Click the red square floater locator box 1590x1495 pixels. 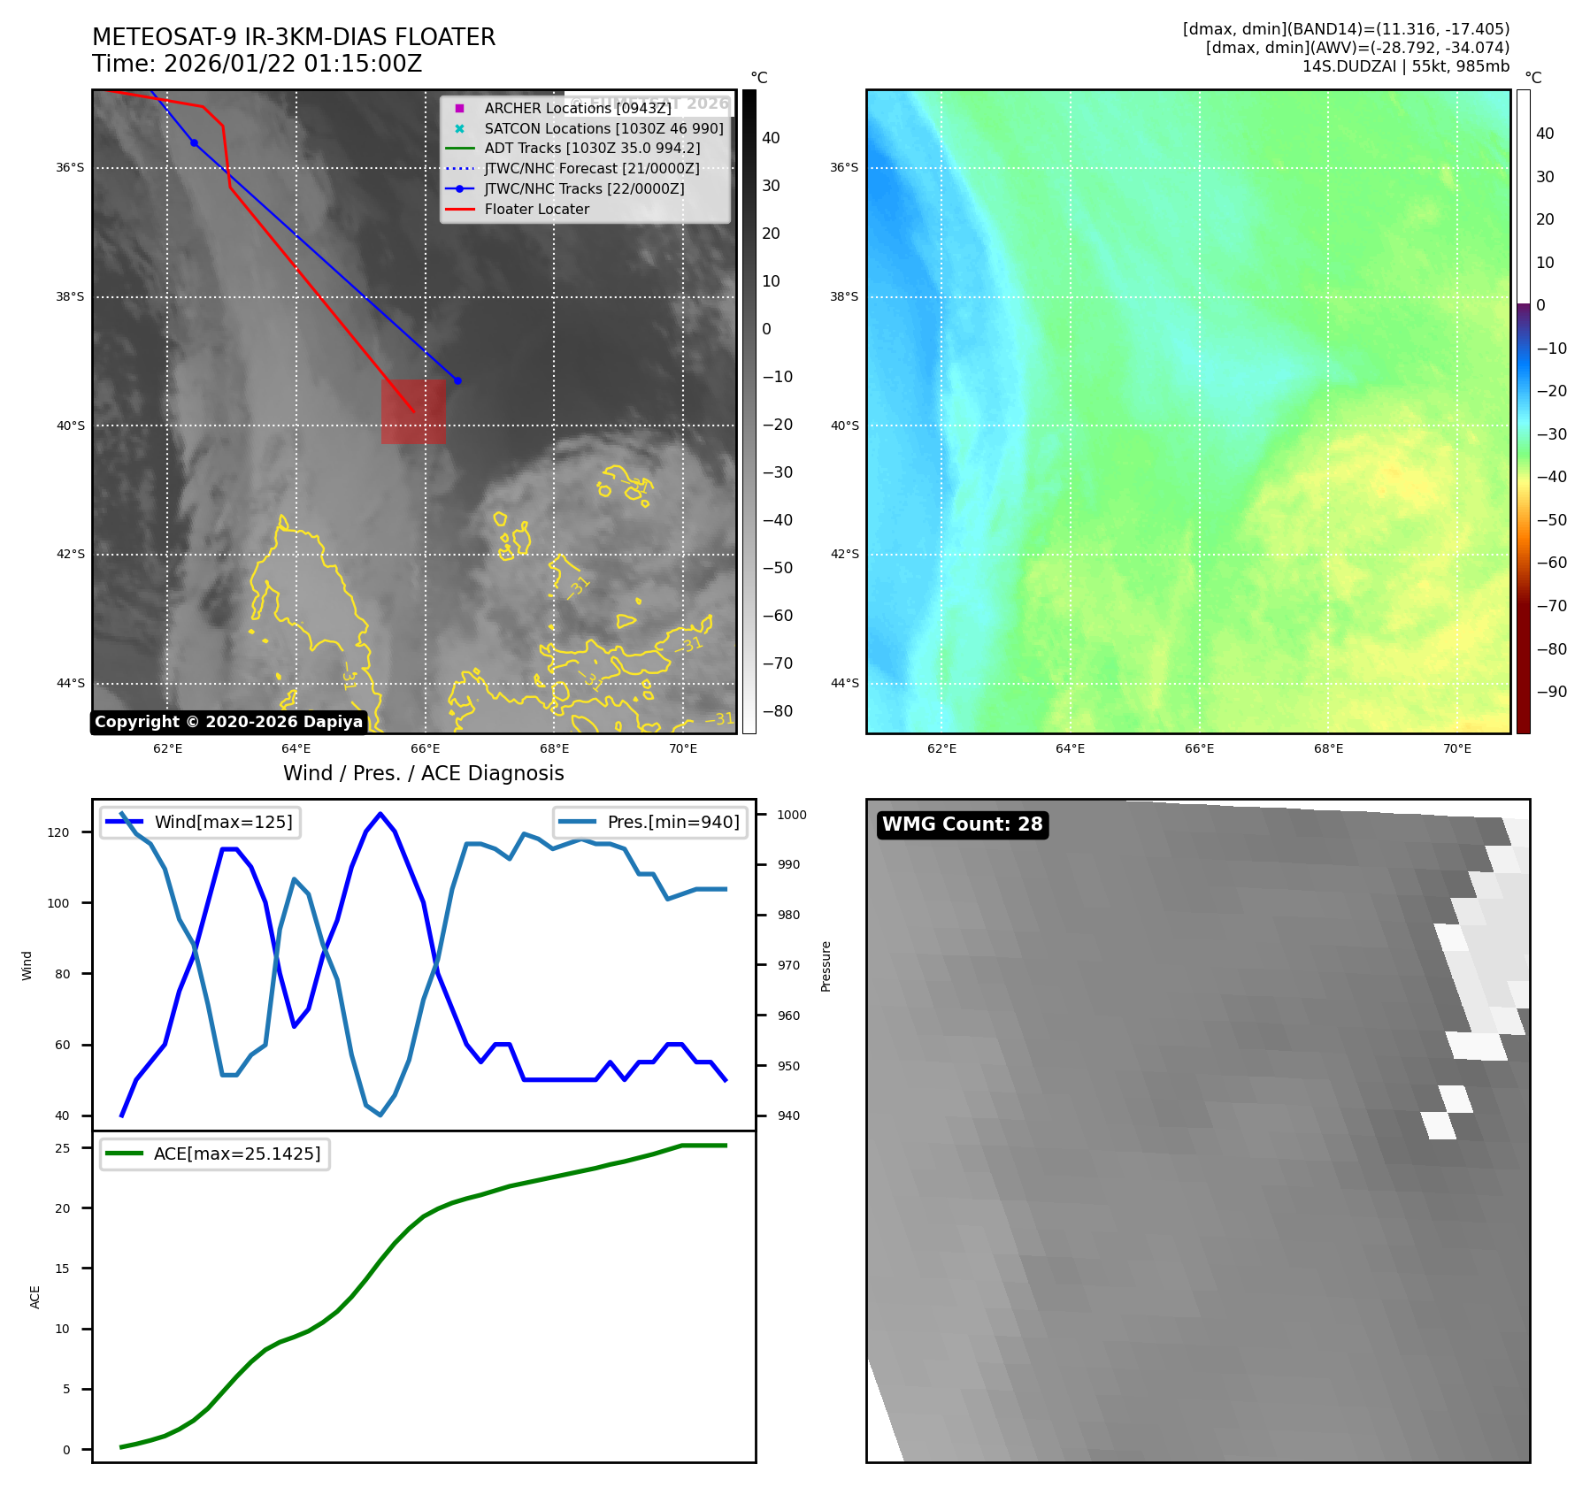pos(413,411)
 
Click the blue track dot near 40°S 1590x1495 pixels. pos(457,380)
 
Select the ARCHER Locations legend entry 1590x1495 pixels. pos(578,108)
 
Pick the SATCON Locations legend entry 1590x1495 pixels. pos(603,128)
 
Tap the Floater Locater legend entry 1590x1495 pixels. pos(536,209)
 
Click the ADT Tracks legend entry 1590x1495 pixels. pos(592,148)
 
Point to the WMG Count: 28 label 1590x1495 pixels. pos(962,824)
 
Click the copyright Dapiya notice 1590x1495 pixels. pos(228,722)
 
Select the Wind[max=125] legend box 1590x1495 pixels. pos(200,822)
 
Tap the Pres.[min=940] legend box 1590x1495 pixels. pos(650,822)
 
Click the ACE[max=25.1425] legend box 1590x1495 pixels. pos(214,1154)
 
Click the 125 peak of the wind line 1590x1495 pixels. pos(380,814)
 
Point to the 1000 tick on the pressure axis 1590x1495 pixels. pos(792,815)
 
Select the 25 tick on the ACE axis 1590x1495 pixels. pos(63,1148)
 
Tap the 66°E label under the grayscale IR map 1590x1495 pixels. pos(426,748)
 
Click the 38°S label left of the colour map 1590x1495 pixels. pos(844,296)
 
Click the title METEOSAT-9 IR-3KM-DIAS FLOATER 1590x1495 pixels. pos(294,37)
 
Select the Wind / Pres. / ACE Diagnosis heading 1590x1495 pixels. pos(423,773)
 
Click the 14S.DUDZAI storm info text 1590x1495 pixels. pos(1405,66)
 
